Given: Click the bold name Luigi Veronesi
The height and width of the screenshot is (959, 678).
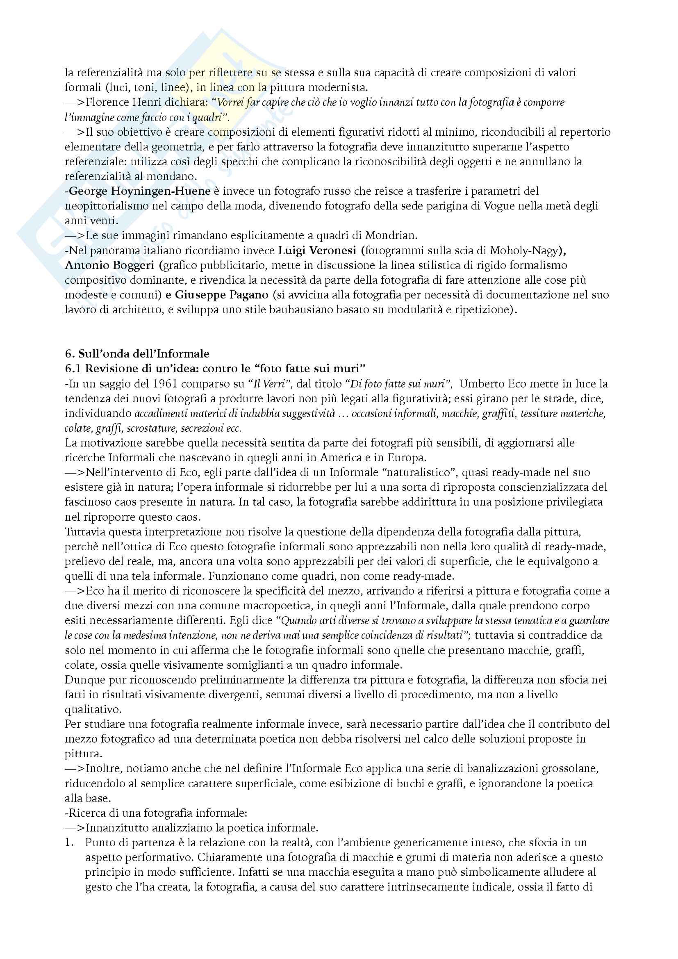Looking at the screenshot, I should coord(317,251).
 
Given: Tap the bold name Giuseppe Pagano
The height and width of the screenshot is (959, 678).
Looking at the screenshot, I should coord(222,295).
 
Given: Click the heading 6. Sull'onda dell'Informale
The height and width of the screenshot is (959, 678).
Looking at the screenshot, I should coord(137,354).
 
